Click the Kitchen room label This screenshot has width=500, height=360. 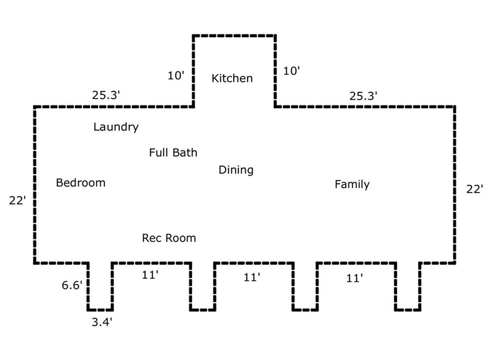tap(232, 78)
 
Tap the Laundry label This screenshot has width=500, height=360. tap(116, 127)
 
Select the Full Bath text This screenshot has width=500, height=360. tap(173, 153)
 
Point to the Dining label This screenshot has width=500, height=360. tap(236, 170)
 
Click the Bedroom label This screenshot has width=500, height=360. tap(81, 183)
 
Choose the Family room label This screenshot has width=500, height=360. tap(352, 185)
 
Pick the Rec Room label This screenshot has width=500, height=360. tap(169, 238)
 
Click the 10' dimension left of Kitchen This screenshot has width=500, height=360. tap(176, 76)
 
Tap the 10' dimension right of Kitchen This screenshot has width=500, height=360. tap(291, 71)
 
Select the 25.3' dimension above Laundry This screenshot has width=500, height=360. tap(106, 95)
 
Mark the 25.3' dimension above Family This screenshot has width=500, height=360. tap(363, 96)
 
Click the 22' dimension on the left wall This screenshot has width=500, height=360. tap(18, 200)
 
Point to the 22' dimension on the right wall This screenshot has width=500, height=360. tap(474, 190)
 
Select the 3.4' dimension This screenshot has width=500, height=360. tap(103, 322)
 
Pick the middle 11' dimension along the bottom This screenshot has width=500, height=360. tap(252, 277)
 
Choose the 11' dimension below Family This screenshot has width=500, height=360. tap(354, 278)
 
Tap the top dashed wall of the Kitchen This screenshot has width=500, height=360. tap(234, 36)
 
